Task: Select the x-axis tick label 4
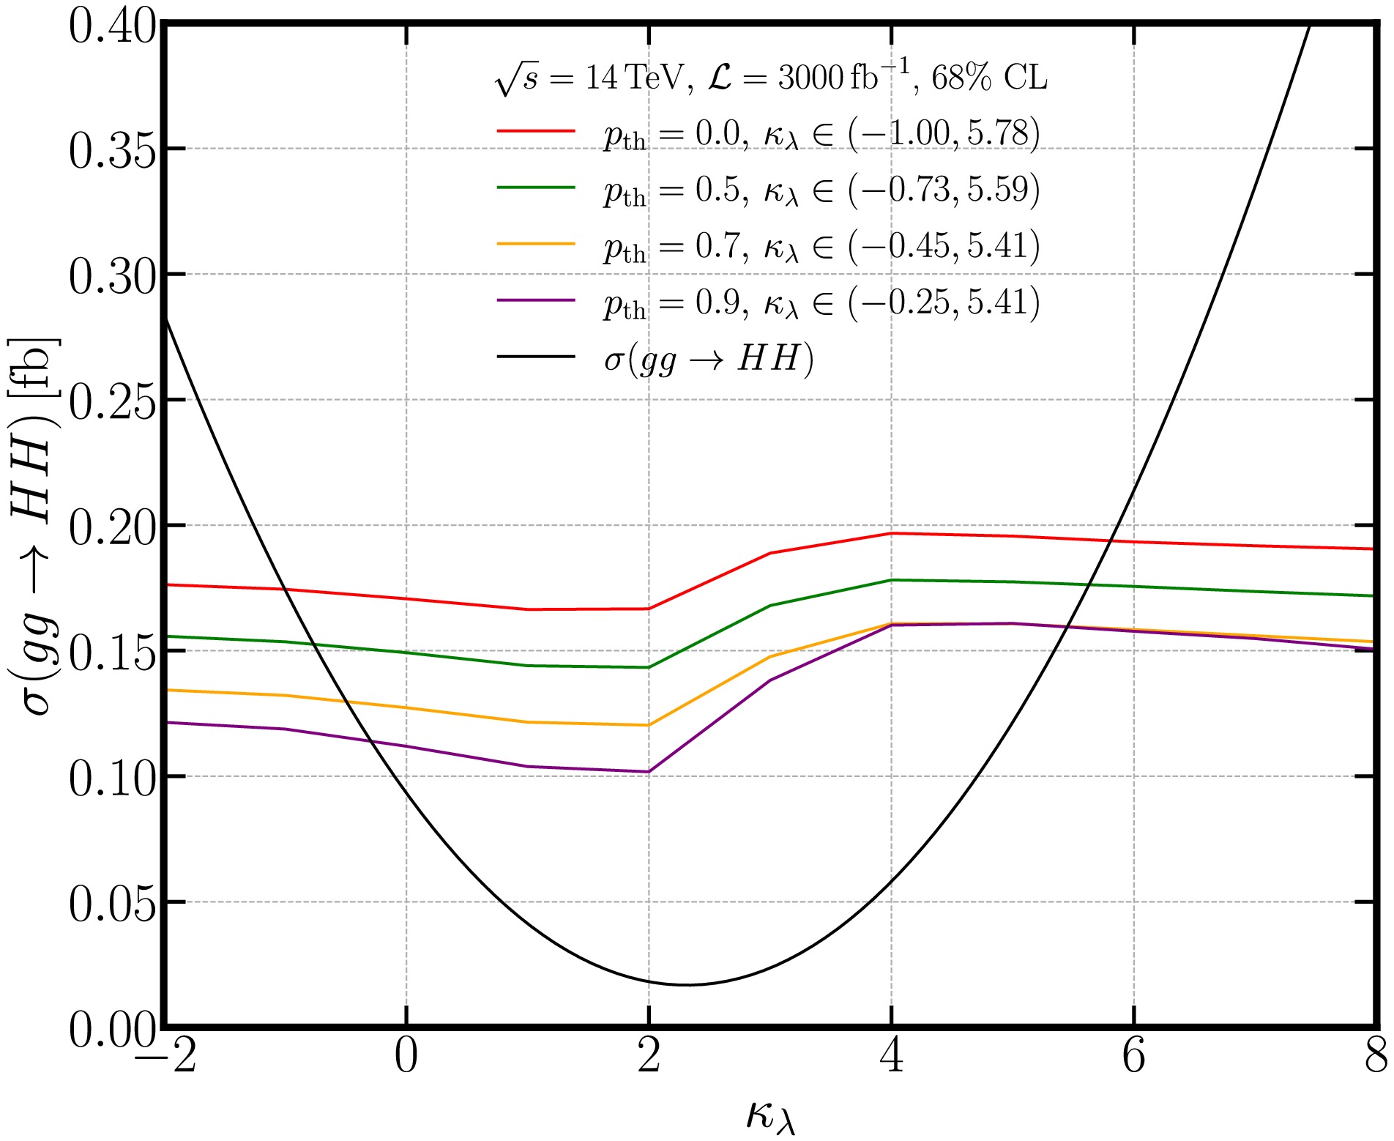892,1058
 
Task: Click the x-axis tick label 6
1133,1058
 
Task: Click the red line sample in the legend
536,131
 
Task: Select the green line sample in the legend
536,187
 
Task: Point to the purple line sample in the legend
536,300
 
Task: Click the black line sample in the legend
536,357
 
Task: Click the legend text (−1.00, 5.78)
944,134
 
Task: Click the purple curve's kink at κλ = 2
648,772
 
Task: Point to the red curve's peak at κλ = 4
891,533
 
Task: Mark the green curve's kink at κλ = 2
648,667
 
